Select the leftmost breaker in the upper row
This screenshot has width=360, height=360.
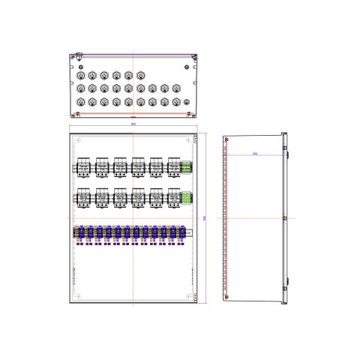click(82, 167)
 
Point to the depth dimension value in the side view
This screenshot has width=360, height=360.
click(255, 154)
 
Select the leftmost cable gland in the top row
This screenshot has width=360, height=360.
click(80, 75)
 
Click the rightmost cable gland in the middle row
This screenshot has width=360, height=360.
click(176, 88)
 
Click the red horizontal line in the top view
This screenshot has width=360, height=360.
click(133, 112)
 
